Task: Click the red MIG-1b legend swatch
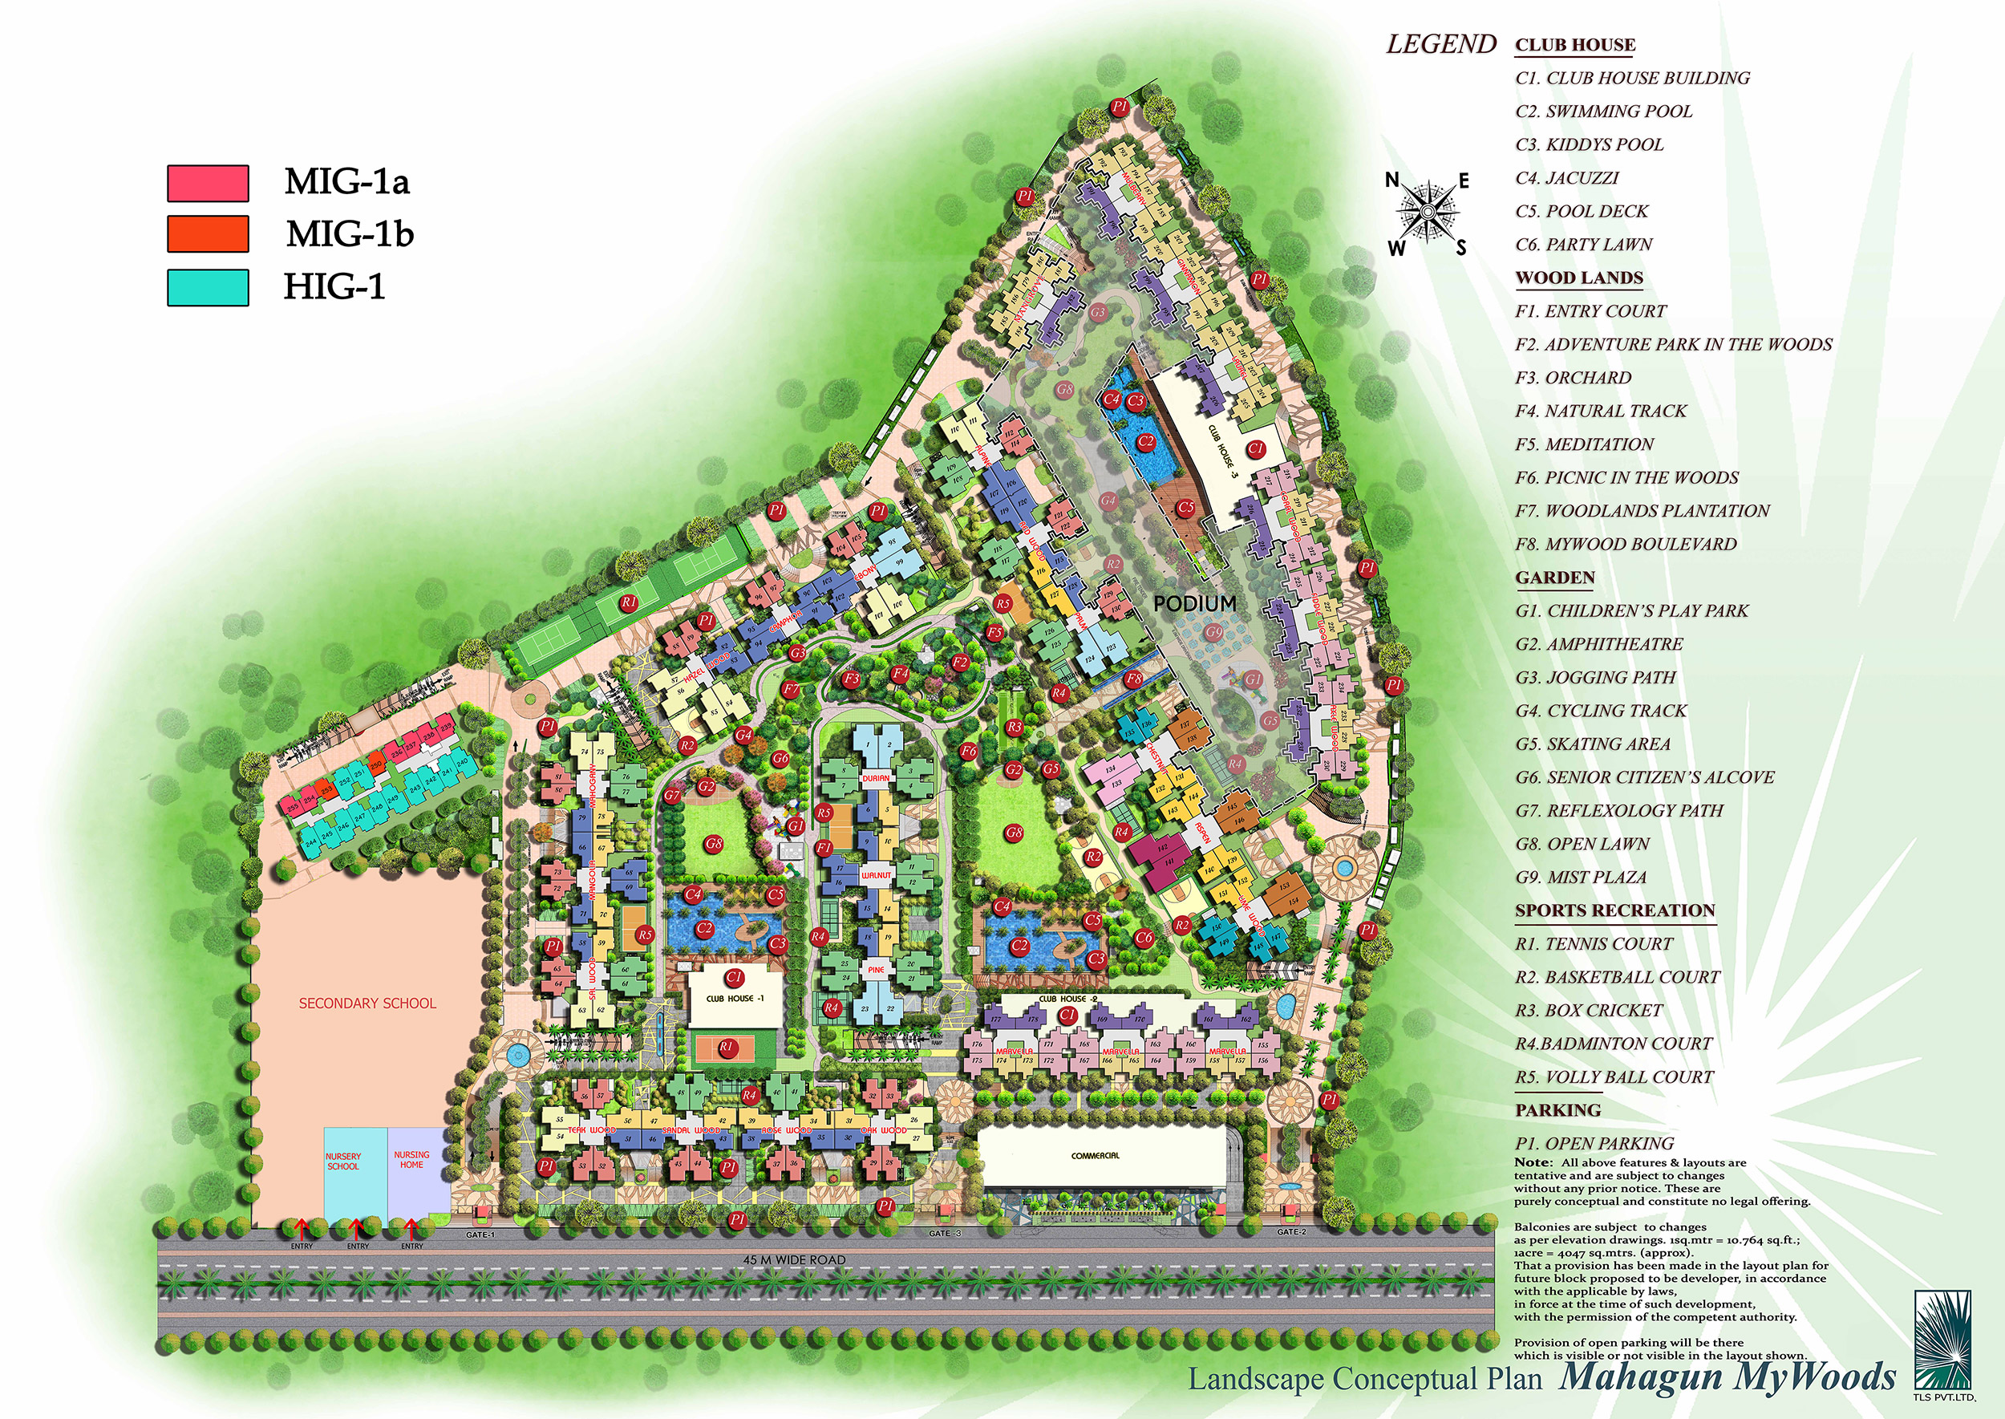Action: (208, 234)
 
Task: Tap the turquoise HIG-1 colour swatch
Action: (208, 287)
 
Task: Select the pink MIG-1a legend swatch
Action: (208, 183)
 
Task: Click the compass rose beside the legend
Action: (1428, 212)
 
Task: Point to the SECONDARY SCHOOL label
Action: (367, 1003)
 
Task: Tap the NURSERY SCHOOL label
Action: (343, 1162)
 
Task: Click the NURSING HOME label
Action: (411, 1159)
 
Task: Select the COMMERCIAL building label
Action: (1095, 1156)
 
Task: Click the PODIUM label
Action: (1194, 604)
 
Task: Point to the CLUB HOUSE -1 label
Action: (735, 998)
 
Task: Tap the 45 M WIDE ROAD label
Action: (794, 1260)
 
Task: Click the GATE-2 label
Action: (1291, 1232)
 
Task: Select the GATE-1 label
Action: (480, 1235)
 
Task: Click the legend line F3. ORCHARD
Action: (1573, 378)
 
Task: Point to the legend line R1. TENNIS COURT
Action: (1594, 943)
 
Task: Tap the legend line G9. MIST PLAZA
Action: (1581, 878)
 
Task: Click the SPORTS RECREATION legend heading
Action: (1614, 910)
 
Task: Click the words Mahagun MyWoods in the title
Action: (1728, 1376)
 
